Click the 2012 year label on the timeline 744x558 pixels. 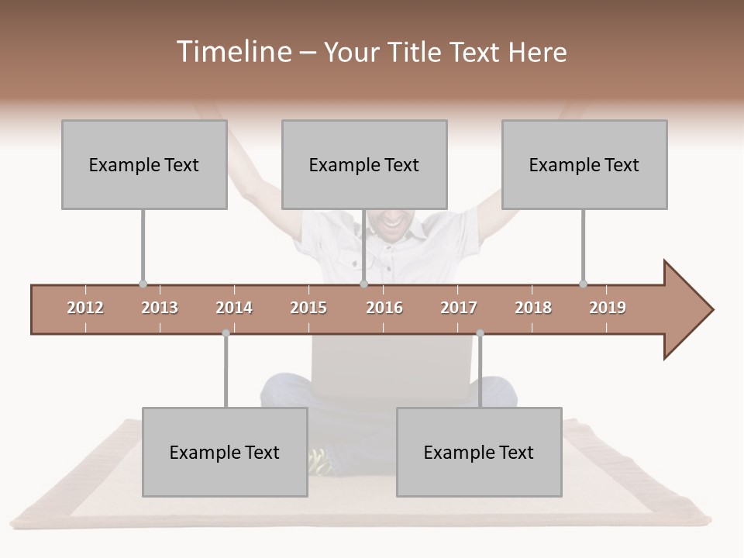click(85, 308)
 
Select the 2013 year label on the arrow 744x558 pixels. click(160, 308)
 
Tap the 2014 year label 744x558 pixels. click(234, 308)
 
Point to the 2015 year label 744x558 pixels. click(308, 308)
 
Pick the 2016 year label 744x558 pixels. click(384, 308)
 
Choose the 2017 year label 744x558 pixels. click(459, 308)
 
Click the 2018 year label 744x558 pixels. click(533, 308)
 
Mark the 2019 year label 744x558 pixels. click(608, 308)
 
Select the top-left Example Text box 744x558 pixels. click(144, 164)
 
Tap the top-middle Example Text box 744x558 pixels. click(364, 164)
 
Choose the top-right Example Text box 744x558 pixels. click(584, 164)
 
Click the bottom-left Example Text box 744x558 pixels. click(225, 452)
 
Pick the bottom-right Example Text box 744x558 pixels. click(479, 452)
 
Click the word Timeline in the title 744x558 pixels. click(232, 52)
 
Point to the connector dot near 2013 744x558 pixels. click(143, 284)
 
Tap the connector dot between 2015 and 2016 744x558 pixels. click(363, 284)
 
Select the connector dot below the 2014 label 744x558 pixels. click(226, 333)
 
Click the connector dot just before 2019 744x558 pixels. click(583, 284)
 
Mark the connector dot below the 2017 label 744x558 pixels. click(480, 333)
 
